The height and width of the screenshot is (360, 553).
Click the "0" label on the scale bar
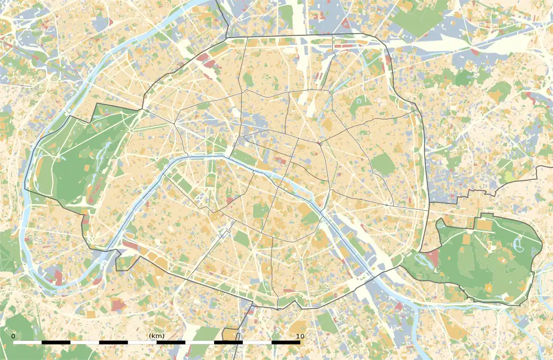pyautogui.click(x=13, y=336)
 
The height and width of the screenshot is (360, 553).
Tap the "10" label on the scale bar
pyautogui.click(x=300, y=336)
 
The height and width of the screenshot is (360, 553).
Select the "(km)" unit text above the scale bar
pyautogui.click(x=156, y=336)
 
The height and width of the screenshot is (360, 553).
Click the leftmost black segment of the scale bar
pyautogui.click(x=56, y=342)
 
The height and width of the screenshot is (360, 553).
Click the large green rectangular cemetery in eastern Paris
pyautogui.click(x=383, y=164)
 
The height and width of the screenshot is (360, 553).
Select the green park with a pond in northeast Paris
pyautogui.click(x=361, y=106)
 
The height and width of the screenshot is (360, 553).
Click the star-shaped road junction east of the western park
pyautogui.click(x=175, y=123)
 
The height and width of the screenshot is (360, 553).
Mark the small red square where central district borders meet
pyautogui.click(x=319, y=142)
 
